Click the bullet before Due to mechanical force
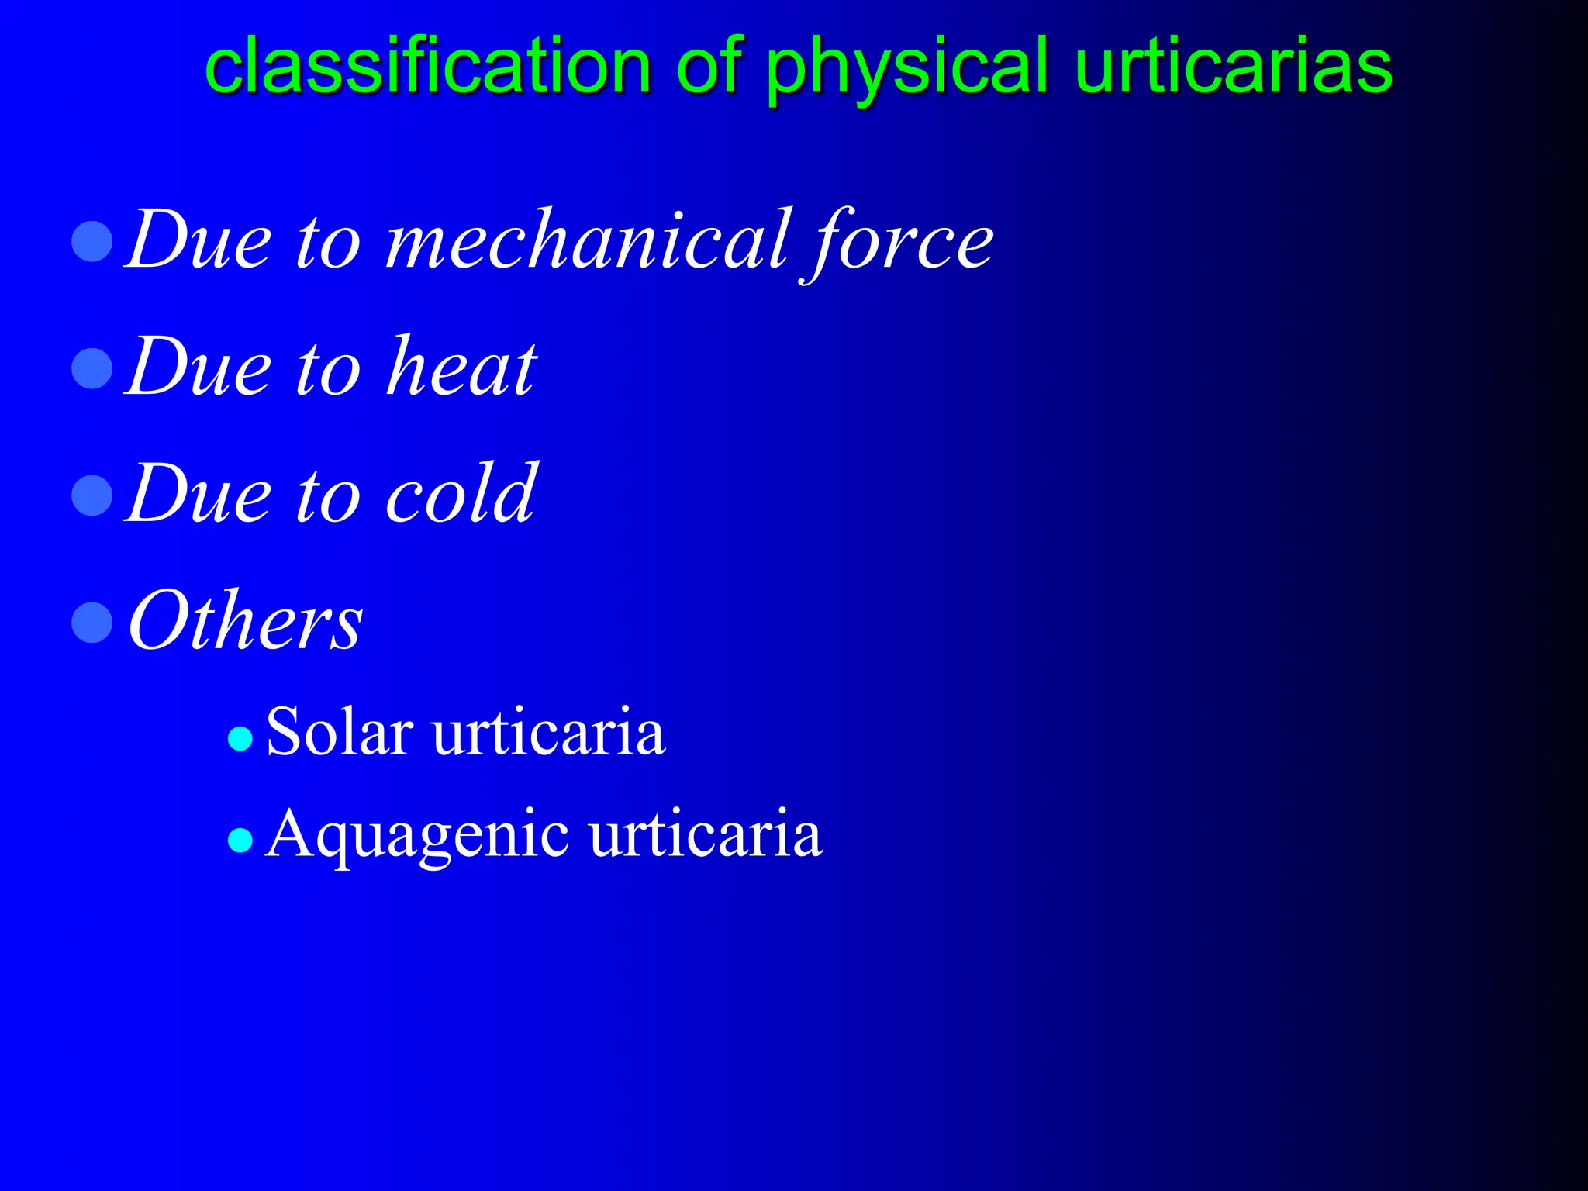(92, 242)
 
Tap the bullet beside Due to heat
(92, 368)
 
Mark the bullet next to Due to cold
(92, 495)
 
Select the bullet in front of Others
(92, 623)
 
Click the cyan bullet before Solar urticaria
(240, 739)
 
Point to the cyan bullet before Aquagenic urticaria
(240, 840)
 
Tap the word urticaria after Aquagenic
(705, 834)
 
